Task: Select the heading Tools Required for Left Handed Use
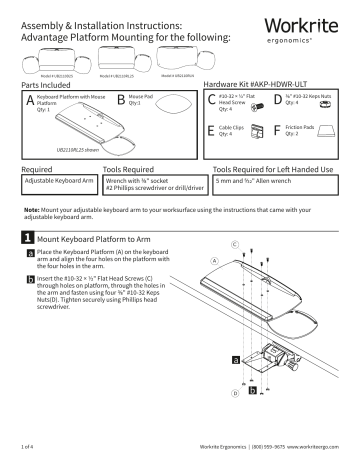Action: click(274, 171)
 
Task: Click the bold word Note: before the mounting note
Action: click(32, 211)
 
